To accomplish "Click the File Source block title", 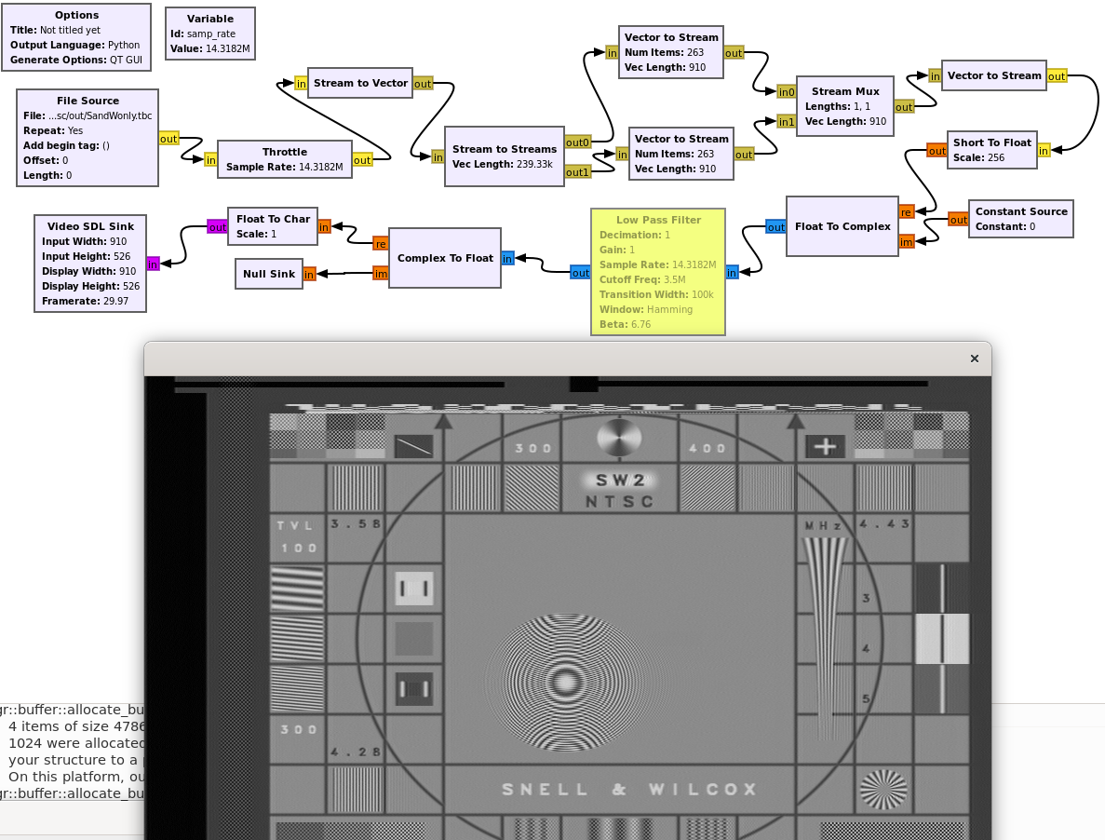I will [88, 101].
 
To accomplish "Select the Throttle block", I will [284, 159].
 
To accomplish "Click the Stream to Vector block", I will [360, 83].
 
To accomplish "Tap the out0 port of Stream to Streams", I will [577, 142].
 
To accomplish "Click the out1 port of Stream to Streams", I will [577, 171].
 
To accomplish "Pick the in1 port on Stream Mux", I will [787, 121].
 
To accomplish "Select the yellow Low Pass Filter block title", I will [658, 220].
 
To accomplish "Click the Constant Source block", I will [1020, 219].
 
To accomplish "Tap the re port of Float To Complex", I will [906, 212].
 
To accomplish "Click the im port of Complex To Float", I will [380, 273].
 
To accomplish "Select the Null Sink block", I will [268, 274].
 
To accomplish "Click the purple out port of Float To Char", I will [217, 226].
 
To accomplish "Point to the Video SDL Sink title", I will [88, 226].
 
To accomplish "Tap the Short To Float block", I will [991, 150].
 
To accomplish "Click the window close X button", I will [975, 359].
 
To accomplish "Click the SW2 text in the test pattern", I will [620, 481].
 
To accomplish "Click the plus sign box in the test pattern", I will [825, 447].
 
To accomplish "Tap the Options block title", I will [76, 15].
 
